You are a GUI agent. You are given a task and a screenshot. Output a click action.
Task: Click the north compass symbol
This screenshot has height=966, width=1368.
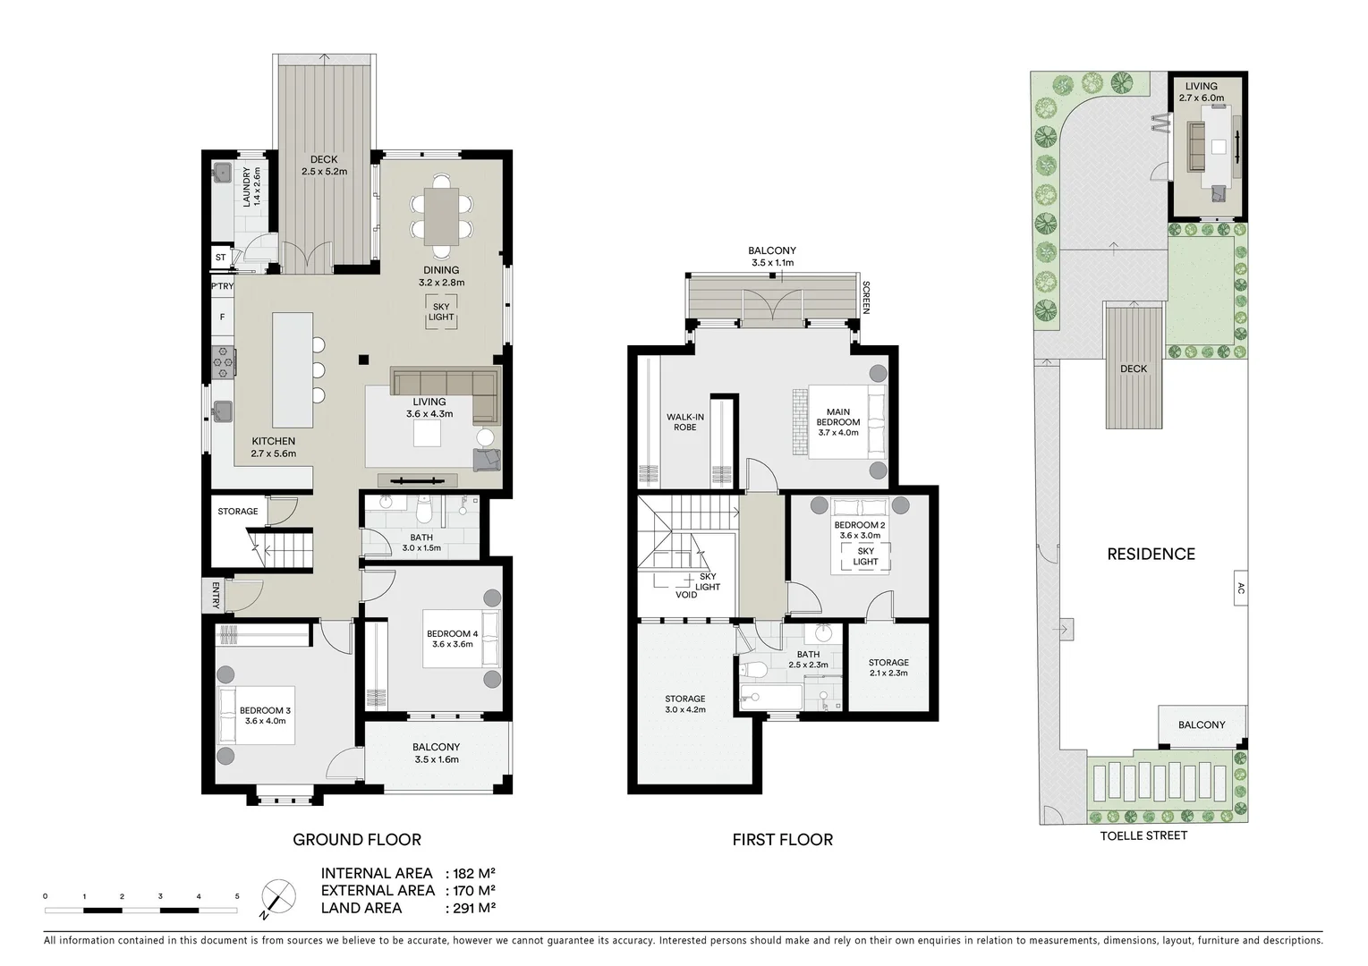278,897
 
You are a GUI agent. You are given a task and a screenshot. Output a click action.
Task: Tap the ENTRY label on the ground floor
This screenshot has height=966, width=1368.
216,596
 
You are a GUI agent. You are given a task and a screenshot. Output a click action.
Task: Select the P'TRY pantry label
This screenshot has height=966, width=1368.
222,287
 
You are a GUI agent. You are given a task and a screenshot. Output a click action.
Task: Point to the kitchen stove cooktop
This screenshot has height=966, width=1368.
222,361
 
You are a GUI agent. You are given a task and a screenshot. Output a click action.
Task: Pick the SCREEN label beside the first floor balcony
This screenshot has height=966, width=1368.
866,298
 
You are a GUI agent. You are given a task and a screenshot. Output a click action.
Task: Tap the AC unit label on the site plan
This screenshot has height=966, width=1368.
1240,589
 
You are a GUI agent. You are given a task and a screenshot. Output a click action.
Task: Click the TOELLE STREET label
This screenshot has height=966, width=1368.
1143,835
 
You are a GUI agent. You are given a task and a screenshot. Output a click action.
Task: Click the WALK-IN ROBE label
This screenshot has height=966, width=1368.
684,422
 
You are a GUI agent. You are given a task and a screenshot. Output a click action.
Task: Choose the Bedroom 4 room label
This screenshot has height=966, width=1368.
454,639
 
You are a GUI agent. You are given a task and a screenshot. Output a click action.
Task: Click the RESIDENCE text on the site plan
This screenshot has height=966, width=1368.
1151,555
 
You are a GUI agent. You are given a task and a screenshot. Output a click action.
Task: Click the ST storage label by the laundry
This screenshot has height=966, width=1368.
221,258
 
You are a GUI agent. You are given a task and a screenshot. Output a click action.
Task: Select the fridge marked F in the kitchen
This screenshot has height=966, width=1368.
222,316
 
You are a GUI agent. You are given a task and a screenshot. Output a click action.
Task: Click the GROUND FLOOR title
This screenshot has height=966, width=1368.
357,840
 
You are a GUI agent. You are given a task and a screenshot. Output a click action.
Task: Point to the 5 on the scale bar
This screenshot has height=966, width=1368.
237,896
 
